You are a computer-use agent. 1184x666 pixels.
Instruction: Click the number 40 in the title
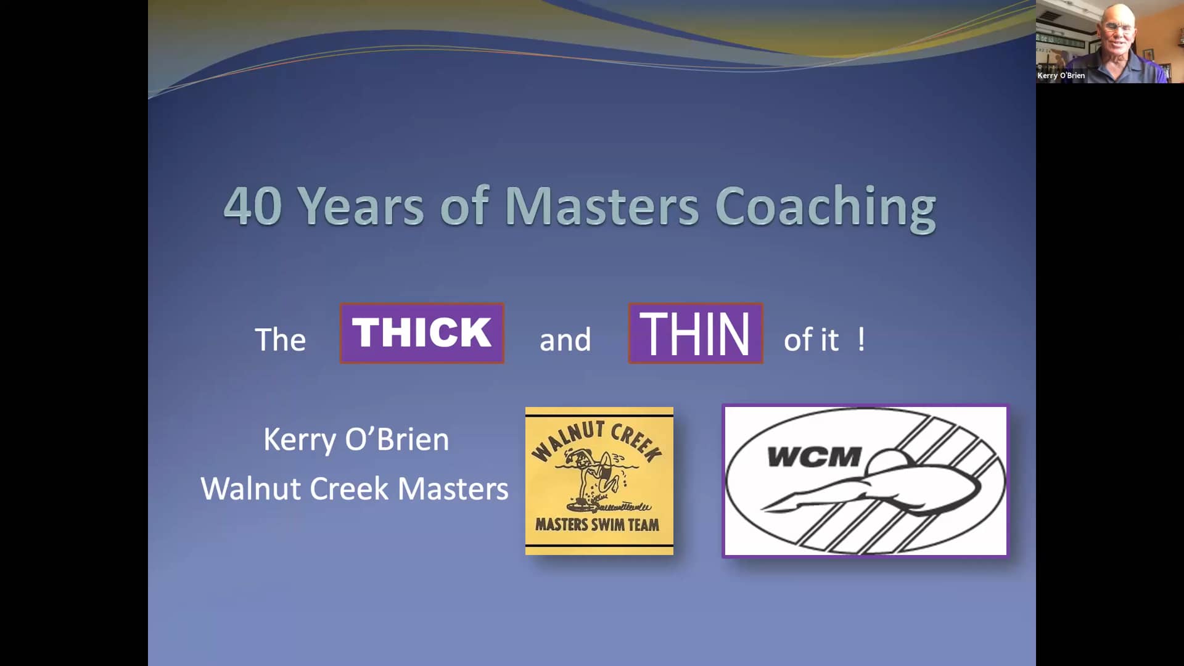click(253, 205)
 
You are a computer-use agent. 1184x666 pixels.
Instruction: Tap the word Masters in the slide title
click(602, 205)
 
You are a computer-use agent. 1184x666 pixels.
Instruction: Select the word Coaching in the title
click(826, 209)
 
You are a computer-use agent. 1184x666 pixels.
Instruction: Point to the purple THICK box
click(422, 333)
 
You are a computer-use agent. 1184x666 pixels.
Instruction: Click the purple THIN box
click(696, 333)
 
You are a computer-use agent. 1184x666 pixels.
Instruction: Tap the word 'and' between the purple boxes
click(565, 340)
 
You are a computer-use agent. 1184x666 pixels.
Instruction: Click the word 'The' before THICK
click(280, 339)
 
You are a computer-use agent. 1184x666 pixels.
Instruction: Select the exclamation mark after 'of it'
click(861, 340)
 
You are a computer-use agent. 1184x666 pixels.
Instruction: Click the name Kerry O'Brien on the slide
click(356, 440)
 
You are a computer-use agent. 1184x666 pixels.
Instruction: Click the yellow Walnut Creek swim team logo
click(599, 480)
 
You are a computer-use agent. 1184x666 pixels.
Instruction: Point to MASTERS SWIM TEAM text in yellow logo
click(597, 525)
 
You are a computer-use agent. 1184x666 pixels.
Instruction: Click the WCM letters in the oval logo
click(813, 457)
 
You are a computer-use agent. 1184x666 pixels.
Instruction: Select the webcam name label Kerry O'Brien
click(1061, 75)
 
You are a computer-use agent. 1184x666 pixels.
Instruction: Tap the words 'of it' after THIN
click(811, 340)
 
